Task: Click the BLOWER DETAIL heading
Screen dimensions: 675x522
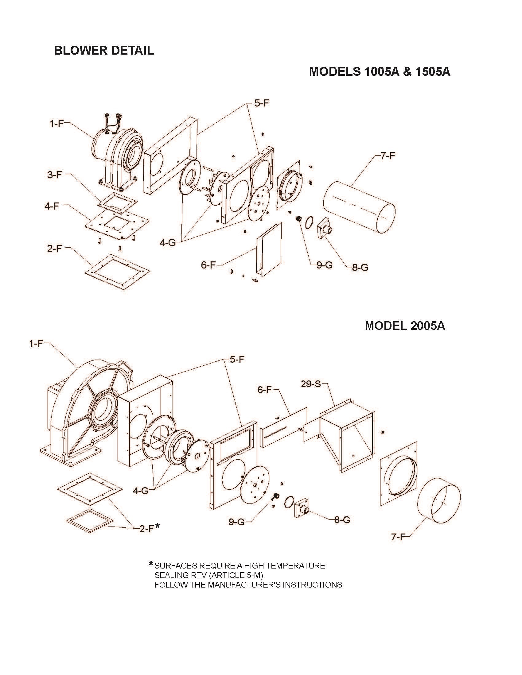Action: tap(104, 50)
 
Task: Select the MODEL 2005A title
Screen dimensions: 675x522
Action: tap(405, 326)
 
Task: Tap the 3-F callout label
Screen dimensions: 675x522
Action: tap(54, 175)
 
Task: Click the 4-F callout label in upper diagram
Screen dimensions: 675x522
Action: tap(52, 206)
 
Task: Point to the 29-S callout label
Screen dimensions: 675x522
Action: tap(311, 384)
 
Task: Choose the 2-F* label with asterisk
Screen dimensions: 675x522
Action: tap(150, 529)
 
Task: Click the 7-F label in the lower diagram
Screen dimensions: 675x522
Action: tap(398, 537)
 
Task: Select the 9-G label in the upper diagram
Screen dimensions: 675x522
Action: tap(324, 265)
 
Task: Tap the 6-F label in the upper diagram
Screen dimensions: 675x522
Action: tap(208, 265)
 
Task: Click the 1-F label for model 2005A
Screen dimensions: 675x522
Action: tap(36, 343)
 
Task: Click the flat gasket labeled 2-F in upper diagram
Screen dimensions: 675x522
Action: tap(118, 272)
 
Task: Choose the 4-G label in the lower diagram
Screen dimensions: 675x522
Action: tap(141, 491)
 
